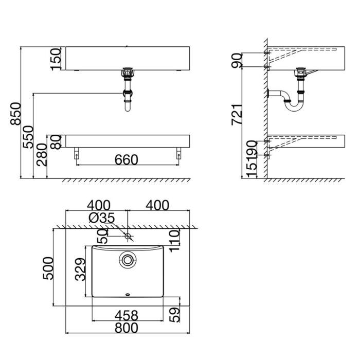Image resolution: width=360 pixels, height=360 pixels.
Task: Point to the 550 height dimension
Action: click(28, 136)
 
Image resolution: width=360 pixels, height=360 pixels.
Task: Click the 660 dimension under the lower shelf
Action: click(126, 160)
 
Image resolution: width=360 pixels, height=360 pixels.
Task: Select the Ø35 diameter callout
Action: click(101, 218)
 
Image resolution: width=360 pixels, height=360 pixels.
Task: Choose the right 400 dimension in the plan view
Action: click(157, 205)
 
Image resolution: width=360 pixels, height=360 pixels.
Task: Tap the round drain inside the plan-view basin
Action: click(127, 260)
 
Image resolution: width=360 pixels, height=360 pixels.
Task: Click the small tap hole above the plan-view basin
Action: click(128, 236)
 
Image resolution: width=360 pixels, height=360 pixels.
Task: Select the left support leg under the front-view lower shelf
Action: click(77, 154)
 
